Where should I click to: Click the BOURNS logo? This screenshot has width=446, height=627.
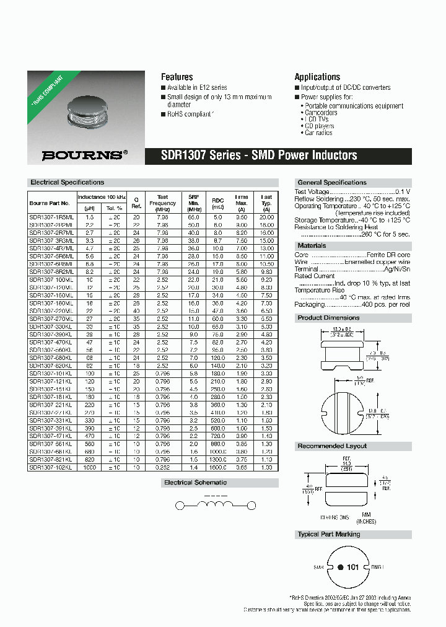(85, 156)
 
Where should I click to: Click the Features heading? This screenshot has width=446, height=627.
(177, 77)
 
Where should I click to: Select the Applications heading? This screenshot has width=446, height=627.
(317, 77)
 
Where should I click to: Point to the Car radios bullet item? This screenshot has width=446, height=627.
(318, 133)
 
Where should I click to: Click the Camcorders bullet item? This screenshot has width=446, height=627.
(321, 113)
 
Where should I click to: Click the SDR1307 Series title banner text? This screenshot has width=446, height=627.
(259, 156)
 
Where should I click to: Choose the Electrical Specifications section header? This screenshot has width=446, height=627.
(67, 182)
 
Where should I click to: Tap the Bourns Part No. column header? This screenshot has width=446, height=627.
(51, 203)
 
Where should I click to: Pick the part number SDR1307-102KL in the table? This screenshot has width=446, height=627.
(51, 468)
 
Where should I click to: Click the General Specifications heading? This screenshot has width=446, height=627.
(332, 182)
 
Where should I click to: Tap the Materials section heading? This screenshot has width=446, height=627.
(312, 245)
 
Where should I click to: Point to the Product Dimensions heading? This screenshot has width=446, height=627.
(328, 318)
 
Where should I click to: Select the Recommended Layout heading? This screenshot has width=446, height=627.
(332, 446)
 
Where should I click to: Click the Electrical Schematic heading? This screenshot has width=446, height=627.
(195, 482)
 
